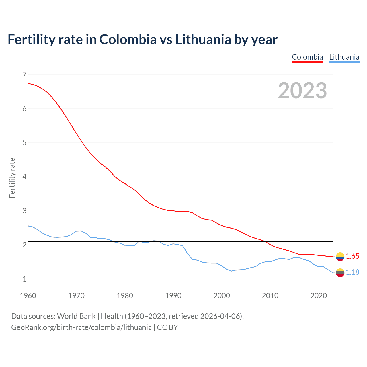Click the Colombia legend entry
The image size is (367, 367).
pyautogui.click(x=307, y=57)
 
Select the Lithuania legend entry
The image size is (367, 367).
pyautogui.click(x=344, y=57)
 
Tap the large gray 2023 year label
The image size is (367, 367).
pyautogui.click(x=302, y=91)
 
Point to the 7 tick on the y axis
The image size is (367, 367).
pyautogui.click(x=24, y=75)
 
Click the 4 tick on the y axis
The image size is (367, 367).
pyautogui.click(x=24, y=177)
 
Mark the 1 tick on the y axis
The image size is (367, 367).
pyautogui.click(x=24, y=279)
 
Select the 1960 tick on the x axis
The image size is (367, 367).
pyautogui.click(x=28, y=296)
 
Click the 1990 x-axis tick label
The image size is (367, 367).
pyautogui.click(x=173, y=296)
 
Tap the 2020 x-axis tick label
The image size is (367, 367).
pyautogui.click(x=319, y=296)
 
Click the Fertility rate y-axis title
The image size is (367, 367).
pyautogui.click(x=12, y=178)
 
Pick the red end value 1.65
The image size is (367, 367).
pyautogui.click(x=352, y=256)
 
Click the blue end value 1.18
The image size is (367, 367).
pyautogui.click(x=352, y=272)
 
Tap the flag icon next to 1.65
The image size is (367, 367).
pyautogui.click(x=340, y=257)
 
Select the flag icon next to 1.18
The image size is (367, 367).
pyautogui.click(x=340, y=273)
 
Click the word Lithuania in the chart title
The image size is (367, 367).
pyautogui.click(x=203, y=40)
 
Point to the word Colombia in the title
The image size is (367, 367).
pyautogui.click(x=128, y=40)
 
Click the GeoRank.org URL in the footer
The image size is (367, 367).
pyautogui.click(x=81, y=327)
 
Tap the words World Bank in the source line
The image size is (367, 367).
pyautogui.click(x=76, y=316)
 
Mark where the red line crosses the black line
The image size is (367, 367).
pyautogui.click(x=265, y=241)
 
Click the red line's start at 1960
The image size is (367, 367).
pyautogui.click(x=28, y=83)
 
